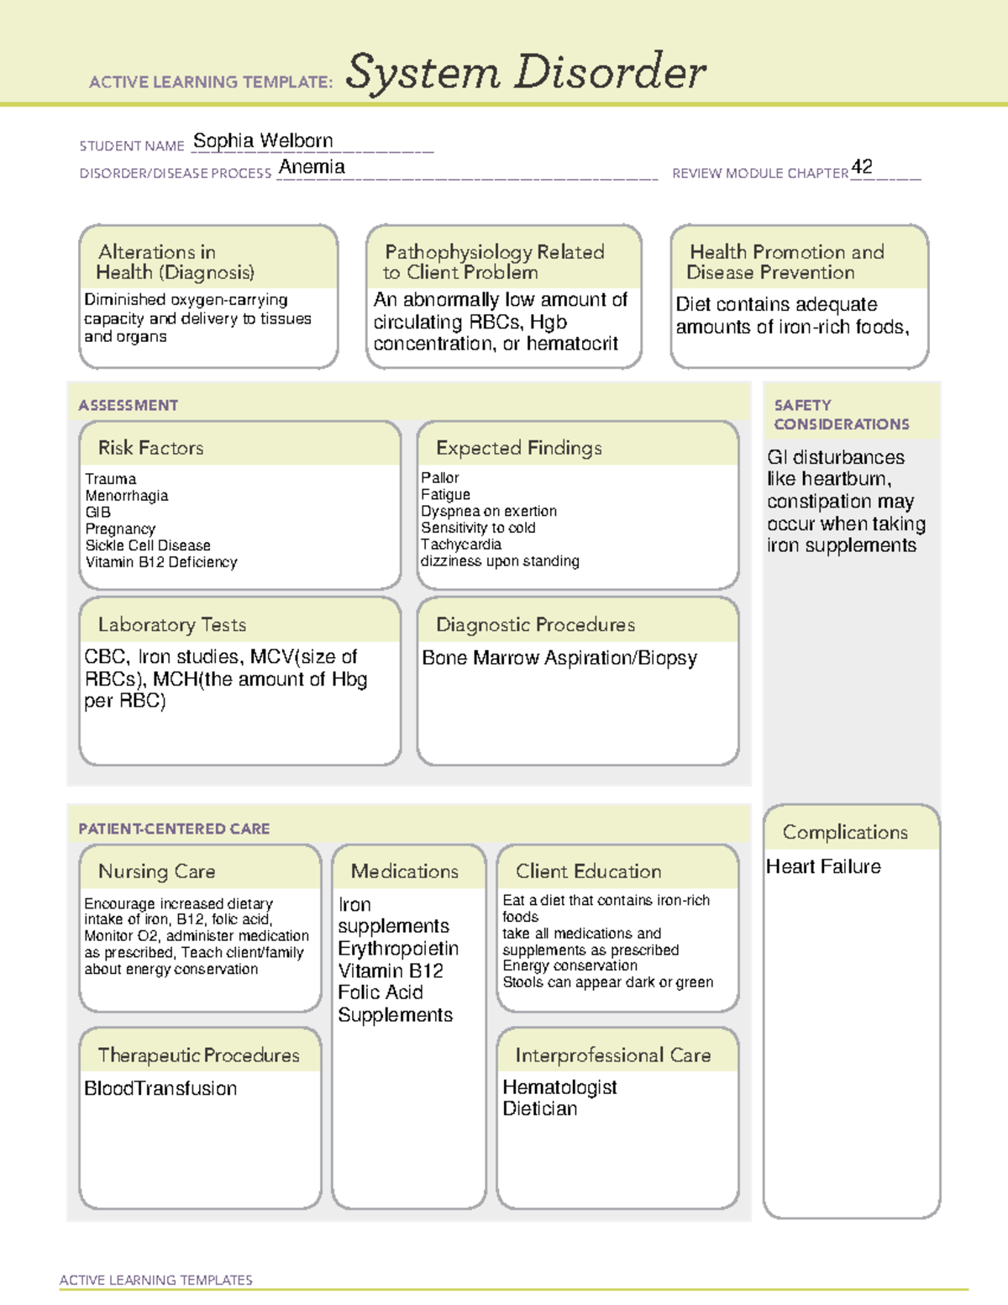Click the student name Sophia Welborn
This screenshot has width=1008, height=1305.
(x=263, y=141)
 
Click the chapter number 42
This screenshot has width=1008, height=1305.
(x=862, y=166)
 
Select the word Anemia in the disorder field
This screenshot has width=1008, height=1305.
(x=312, y=167)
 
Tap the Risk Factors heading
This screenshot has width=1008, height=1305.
(x=151, y=448)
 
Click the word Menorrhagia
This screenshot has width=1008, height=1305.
(x=127, y=496)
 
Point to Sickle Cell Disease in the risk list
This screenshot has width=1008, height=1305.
(x=148, y=545)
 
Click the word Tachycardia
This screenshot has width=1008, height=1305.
(x=461, y=545)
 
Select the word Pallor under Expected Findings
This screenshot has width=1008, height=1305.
(x=440, y=477)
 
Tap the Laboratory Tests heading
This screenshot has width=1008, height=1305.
(x=172, y=624)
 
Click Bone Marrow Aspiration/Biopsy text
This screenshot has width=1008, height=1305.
(x=559, y=658)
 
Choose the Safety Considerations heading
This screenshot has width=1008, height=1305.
(x=841, y=414)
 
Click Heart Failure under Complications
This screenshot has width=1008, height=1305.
(x=823, y=866)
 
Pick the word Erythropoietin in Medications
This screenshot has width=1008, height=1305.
(x=398, y=949)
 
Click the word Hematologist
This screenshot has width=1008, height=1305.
(x=559, y=1087)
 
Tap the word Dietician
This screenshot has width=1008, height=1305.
(x=540, y=1109)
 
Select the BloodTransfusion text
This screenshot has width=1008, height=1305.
(x=160, y=1089)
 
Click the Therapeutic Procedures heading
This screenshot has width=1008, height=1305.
(x=199, y=1055)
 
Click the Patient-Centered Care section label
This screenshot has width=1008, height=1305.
(x=174, y=829)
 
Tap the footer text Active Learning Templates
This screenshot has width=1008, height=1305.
(x=156, y=1280)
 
